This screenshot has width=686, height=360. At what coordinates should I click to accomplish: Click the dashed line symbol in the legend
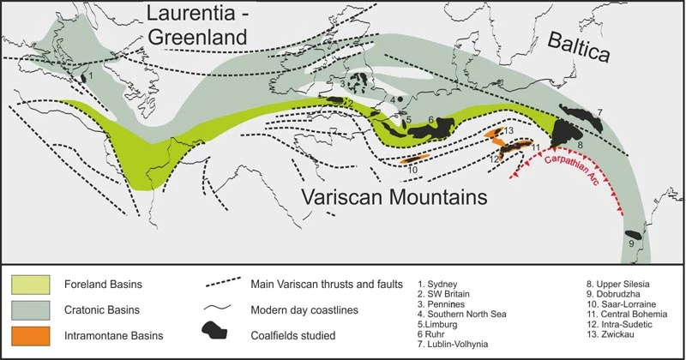pos(225,283)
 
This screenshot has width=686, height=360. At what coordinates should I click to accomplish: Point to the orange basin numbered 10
pos(414,159)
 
